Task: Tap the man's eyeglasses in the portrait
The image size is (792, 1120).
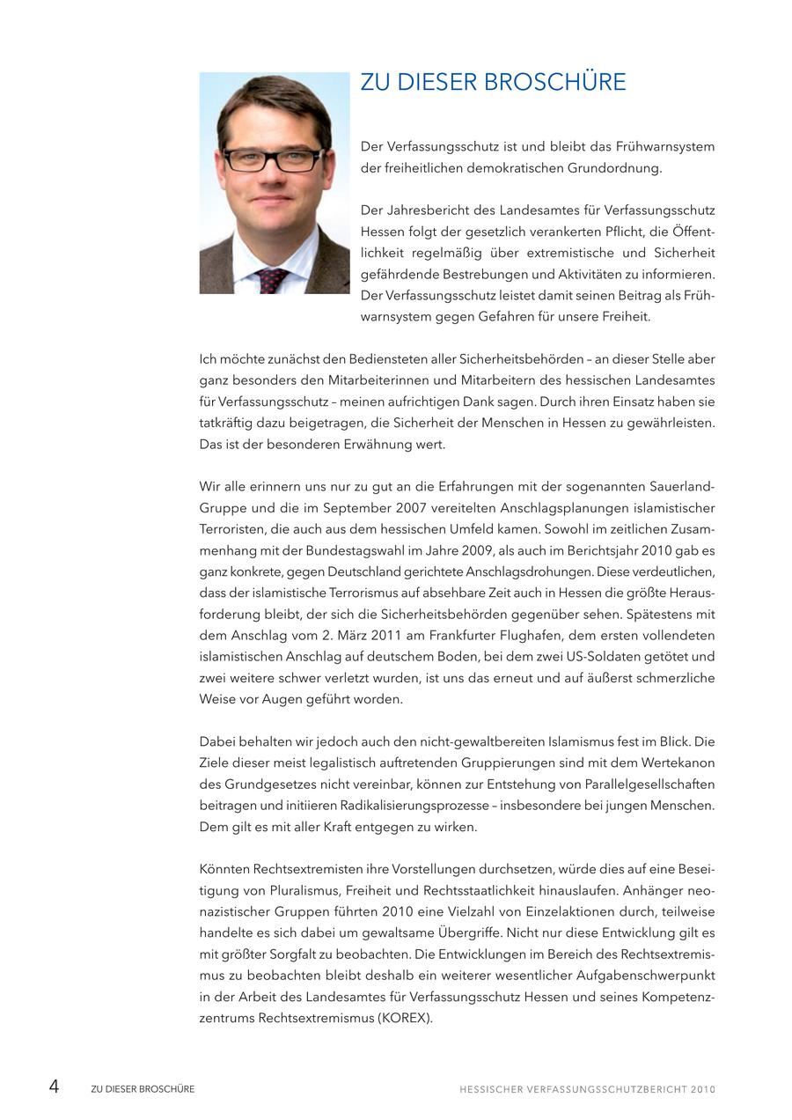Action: (x=272, y=159)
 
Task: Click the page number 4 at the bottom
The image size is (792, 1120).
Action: (x=54, y=1087)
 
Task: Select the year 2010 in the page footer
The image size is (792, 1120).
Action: (x=703, y=1089)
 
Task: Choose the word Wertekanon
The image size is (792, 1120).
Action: (x=682, y=763)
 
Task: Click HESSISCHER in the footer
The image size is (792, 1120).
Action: (x=490, y=1089)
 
